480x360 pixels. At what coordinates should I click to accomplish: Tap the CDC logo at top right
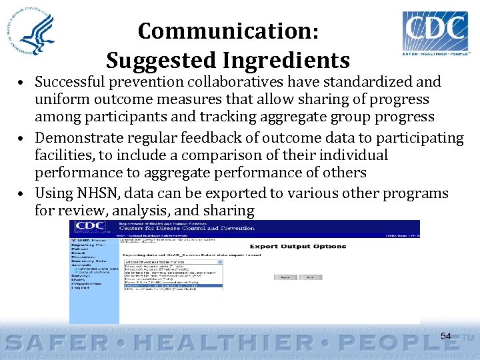tap(435, 31)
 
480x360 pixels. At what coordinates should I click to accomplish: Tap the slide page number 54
tap(445, 336)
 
